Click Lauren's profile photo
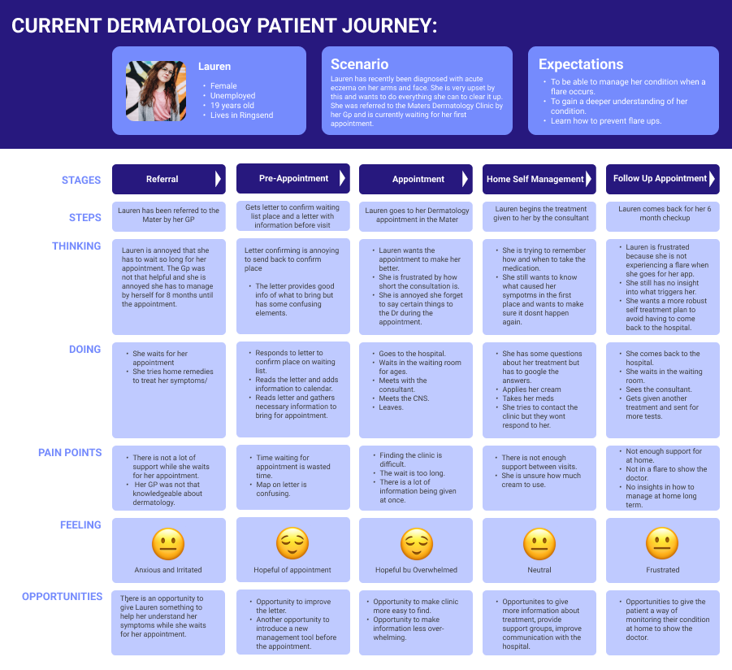coord(155,91)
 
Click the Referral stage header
coord(162,179)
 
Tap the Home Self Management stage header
coord(535,179)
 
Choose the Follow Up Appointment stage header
coord(660,179)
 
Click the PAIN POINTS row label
coord(70,453)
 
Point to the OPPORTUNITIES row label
coord(63,597)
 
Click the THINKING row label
coord(76,246)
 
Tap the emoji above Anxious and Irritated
coord(168,544)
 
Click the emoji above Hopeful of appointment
coord(292,544)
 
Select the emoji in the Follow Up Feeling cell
coord(662,544)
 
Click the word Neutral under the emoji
coord(539,570)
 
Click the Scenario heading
coord(359,64)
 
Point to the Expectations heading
coord(581,64)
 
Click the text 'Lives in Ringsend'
coord(241,115)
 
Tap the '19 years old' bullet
coord(232,106)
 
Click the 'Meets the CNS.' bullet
coord(405,398)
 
